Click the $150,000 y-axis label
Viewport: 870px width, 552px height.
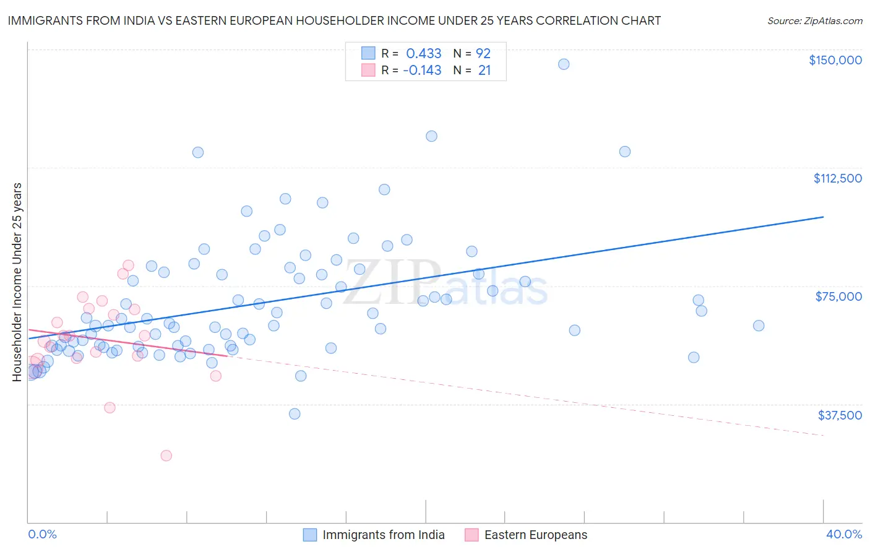835,60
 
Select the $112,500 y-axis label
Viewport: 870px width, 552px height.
837,178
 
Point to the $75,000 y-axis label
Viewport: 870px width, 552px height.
838,296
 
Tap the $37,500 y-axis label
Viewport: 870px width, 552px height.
840,415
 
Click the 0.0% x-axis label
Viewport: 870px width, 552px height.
42,534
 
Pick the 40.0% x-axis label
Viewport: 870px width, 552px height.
843,534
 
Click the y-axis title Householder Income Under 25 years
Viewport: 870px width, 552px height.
17,282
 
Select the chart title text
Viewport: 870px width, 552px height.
334,20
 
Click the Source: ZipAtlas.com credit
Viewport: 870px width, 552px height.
814,20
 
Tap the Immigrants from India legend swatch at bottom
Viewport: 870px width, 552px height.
310,535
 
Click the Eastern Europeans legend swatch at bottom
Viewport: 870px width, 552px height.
472,535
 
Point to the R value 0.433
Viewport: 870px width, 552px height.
423,53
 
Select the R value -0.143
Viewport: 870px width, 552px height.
422,71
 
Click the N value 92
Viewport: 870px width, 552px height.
483,53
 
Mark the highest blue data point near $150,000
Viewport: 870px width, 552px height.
564,64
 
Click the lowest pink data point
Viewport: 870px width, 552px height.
166,455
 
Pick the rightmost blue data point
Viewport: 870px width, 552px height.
759,326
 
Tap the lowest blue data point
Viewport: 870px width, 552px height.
295,414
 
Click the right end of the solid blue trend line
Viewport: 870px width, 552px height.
823,217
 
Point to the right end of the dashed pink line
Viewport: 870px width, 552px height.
823,436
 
